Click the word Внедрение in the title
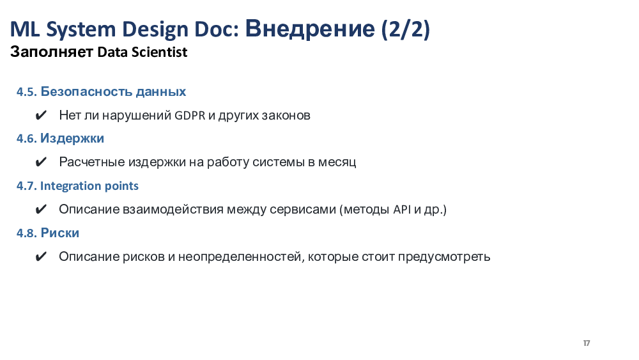[x=310, y=29]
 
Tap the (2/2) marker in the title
[x=406, y=29]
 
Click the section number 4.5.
[x=26, y=91]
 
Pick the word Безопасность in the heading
[x=86, y=91]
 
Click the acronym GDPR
[x=190, y=115]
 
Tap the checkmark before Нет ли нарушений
[x=41, y=115]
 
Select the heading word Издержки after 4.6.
[x=72, y=139]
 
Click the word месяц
[x=337, y=162]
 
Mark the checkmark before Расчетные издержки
[x=41, y=162]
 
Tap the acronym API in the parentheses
[x=402, y=209]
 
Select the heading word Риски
[x=60, y=233]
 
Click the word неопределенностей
[x=241, y=257]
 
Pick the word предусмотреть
[x=444, y=257]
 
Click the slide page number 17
[x=587, y=343]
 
